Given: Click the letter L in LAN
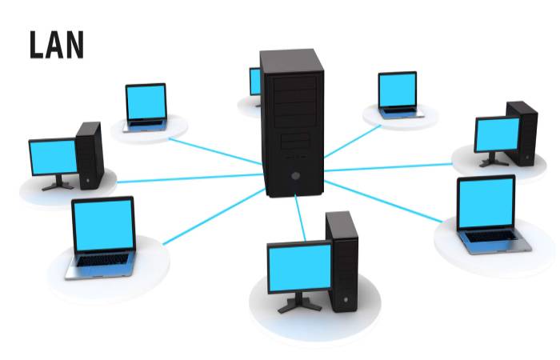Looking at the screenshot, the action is click(x=37, y=45).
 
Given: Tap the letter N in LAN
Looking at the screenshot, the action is click(x=74, y=45).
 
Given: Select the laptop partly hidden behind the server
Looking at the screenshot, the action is click(x=255, y=86).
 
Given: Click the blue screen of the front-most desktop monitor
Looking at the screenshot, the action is click(x=300, y=268).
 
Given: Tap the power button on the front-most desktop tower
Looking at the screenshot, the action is click(x=346, y=299).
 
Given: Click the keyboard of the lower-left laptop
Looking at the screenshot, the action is click(x=103, y=260).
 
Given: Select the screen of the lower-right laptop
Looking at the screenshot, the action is click(x=486, y=202).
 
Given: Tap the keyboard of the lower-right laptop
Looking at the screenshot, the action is click(x=491, y=236).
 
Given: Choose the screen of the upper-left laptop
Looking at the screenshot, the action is click(x=146, y=102).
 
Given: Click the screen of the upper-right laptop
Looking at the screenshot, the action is click(x=398, y=90).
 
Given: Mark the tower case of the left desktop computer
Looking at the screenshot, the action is click(x=90, y=155).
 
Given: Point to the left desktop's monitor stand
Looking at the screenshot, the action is click(x=58, y=183).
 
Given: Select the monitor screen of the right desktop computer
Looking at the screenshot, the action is click(x=498, y=134).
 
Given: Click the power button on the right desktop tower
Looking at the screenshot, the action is click(x=527, y=157).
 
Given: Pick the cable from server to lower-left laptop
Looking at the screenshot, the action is click(x=214, y=217).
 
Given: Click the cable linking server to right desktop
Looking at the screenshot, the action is click(x=388, y=167).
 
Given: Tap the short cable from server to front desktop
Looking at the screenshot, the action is click(x=300, y=218).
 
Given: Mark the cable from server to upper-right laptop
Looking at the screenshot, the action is click(x=353, y=142).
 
